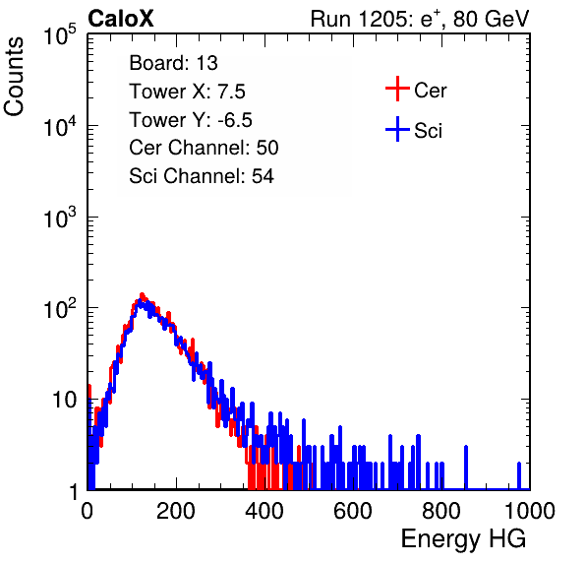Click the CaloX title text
(120, 19)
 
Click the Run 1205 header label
(420, 19)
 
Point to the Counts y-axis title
(14, 77)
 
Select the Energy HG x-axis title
(463, 538)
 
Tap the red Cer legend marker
(397, 89)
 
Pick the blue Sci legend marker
(397, 129)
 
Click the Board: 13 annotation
(173, 63)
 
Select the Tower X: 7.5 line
(187, 92)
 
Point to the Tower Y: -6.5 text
(191, 120)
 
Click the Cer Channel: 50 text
(204, 148)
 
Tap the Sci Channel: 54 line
(201, 176)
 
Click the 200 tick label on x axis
(176, 511)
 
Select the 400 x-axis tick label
(264, 511)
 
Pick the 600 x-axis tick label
(353, 511)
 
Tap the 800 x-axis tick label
(441, 511)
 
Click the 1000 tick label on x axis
(530, 511)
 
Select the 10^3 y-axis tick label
(59, 218)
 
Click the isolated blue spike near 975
(519, 475)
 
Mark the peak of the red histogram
(142, 294)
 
